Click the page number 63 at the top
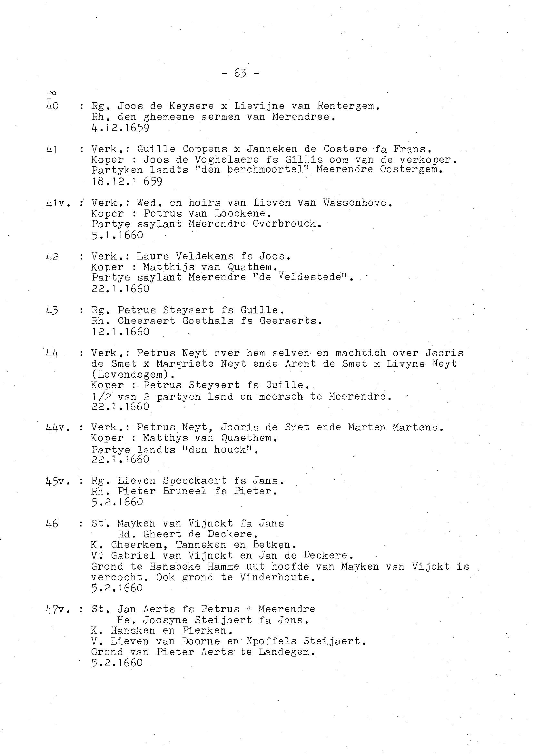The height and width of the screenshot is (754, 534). [x=240, y=73]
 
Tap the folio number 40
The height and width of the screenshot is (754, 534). [x=53, y=106]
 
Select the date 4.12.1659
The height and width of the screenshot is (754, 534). [x=120, y=128]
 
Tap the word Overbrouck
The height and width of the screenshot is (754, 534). [x=286, y=224]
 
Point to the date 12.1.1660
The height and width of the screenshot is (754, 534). [x=120, y=331]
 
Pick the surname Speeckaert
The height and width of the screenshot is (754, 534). [x=195, y=481]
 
